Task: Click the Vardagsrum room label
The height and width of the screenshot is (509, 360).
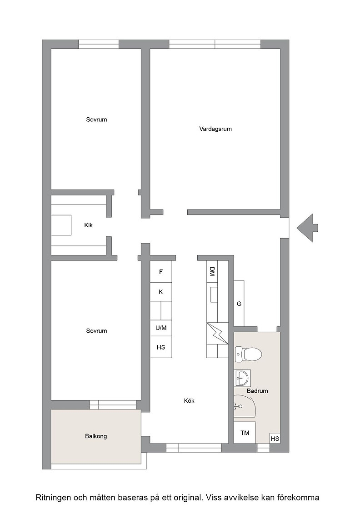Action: click(215, 129)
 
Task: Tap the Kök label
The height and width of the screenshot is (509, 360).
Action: click(189, 400)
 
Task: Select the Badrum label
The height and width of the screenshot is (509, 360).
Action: click(257, 391)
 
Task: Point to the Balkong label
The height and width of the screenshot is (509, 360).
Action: click(96, 436)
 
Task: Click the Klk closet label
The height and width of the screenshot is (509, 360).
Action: click(88, 225)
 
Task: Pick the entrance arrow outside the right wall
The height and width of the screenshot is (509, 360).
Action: click(307, 228)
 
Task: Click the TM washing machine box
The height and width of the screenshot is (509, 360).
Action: click(245, 432)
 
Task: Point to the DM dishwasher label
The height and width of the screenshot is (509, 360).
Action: click(212, 271)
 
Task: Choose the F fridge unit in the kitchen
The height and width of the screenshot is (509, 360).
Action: click(161, 272)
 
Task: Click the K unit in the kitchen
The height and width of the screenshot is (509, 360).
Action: click(161, 292)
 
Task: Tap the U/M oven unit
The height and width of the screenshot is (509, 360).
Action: click(161, 328)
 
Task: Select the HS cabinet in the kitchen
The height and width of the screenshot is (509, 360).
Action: click(161, 347)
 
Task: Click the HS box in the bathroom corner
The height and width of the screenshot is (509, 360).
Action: click(275, 439)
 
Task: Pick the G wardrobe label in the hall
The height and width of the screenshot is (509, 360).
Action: click(239, 304)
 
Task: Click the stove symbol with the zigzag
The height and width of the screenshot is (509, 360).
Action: click(217, 334)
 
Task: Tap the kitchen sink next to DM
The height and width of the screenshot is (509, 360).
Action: click(214, 295)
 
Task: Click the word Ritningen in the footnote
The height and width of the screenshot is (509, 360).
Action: click(54, 498)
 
